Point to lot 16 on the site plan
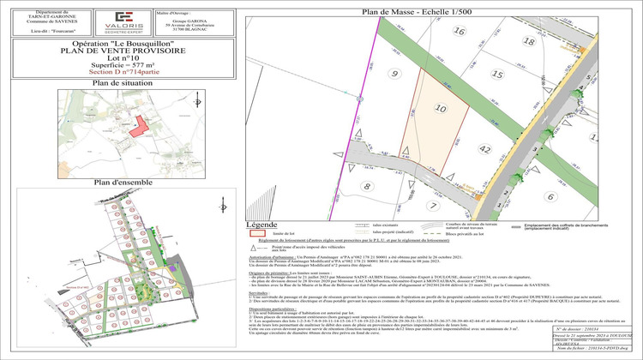coord(459,31)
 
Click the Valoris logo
coord(124,20)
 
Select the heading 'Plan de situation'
coord(116,83)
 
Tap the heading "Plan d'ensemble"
coord(116,183)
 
